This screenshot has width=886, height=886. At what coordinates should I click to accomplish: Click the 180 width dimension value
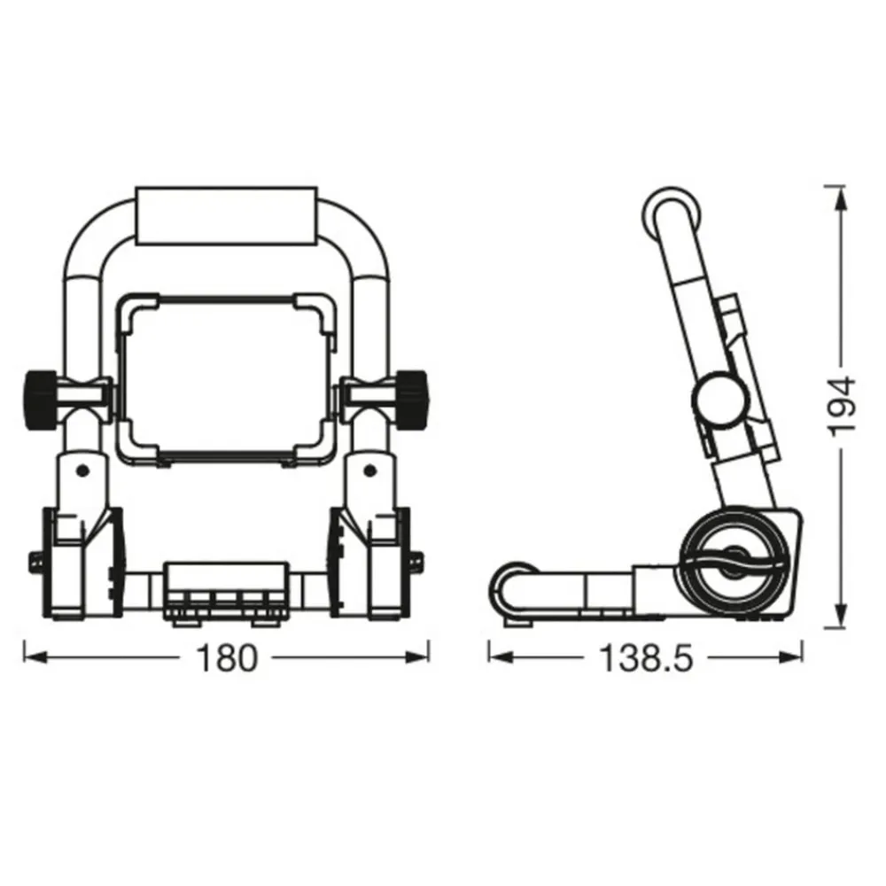(x=226, y=658)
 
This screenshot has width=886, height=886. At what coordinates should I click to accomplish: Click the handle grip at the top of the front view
(x=226, y=214)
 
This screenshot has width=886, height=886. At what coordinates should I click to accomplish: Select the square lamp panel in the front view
(x=227, y=378)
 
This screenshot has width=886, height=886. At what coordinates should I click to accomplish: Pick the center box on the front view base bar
(x=227, y=587)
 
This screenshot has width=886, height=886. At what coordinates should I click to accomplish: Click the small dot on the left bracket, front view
(x=81, y=469)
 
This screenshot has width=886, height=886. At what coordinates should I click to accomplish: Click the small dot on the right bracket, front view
(x=371, y=469)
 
